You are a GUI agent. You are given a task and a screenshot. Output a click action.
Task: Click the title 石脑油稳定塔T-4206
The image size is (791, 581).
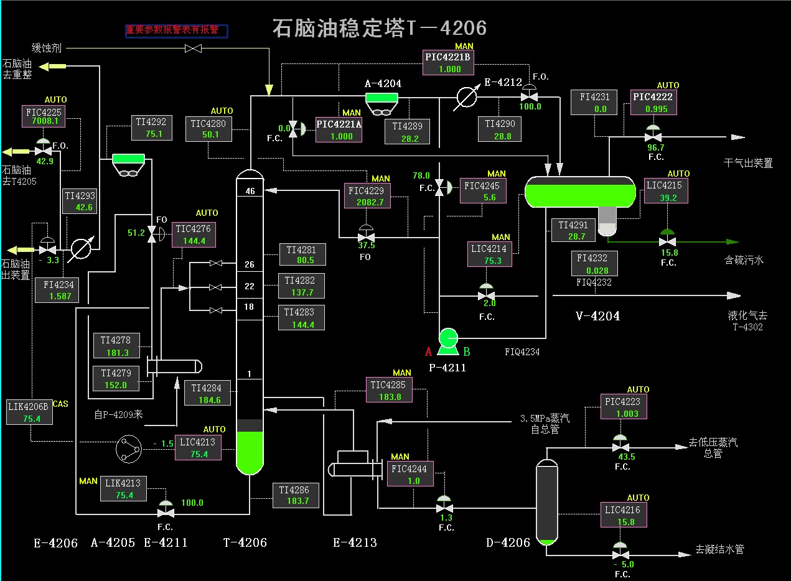coord(380,28)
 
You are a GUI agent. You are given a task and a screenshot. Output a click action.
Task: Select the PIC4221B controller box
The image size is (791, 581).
coord(448,63)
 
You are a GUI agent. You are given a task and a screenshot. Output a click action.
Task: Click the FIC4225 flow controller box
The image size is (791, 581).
coord(42,116)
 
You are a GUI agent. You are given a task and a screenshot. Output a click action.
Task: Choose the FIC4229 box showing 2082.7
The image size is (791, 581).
coord(367,196)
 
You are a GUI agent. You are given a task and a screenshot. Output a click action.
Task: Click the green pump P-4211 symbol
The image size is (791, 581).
coord(447,340)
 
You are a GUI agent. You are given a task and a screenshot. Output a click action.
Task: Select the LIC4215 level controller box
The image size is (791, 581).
coord(664,191)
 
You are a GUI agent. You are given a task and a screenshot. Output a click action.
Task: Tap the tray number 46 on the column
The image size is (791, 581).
coord(250,192)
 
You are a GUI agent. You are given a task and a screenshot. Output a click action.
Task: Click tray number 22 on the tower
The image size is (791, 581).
coord(250,286)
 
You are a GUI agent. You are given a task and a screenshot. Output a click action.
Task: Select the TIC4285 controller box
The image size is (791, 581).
coord(389,391)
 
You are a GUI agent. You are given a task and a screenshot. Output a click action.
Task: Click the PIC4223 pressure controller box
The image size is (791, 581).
coord(624,407)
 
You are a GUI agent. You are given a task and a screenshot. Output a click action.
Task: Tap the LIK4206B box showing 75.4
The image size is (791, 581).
coord(29,412)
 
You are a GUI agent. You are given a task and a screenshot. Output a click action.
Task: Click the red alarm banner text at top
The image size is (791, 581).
coord(177,30)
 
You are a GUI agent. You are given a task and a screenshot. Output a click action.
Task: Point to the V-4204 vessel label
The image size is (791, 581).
coord(597,316)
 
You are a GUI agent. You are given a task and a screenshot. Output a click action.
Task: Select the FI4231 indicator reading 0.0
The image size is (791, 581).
coord(594,103)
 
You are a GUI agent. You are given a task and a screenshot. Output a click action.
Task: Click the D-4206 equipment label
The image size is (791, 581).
coord(508,543)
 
